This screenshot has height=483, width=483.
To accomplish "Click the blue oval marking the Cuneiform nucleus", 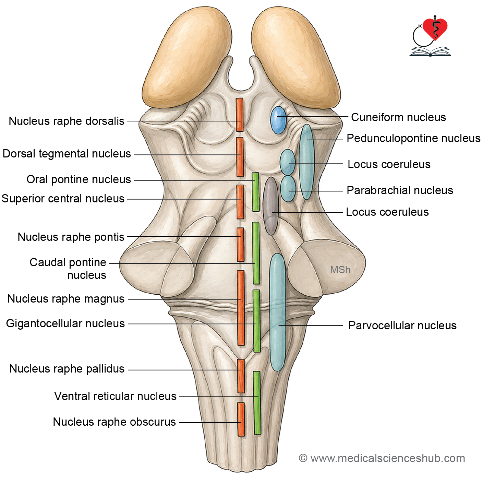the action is click(x=278, y=120).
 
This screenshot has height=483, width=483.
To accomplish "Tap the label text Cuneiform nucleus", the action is click(x=398, y=117).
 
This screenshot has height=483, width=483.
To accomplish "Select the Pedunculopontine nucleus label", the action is click(x=413, y=138).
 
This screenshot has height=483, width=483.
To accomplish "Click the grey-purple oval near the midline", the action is click(x=271, y=206).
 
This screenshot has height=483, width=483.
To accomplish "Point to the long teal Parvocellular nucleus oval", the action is click(x=277, y=312).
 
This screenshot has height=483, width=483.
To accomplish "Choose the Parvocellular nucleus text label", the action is click(x=402, y=326).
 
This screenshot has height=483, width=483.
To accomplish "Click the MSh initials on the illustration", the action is click(x=340, y=270).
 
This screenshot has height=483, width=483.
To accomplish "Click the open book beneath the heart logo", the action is click(x=430, y=52).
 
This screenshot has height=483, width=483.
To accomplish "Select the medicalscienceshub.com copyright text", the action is click(x=382, y=458).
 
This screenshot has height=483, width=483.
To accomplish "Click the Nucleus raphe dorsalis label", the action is click(x=67, y=121).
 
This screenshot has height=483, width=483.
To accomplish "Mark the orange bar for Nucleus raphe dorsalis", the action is click(x=240, y=115).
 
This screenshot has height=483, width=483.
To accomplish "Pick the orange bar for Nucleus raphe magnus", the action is click(x=241, y=308).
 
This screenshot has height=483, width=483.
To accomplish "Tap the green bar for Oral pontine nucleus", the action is click(x=256, y=192).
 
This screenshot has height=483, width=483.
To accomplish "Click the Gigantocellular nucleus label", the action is click(x=65, y=323).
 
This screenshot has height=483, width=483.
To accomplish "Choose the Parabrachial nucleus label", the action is click(x=400, y=190).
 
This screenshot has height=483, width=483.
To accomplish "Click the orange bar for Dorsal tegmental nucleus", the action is click(x=240, y=157).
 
